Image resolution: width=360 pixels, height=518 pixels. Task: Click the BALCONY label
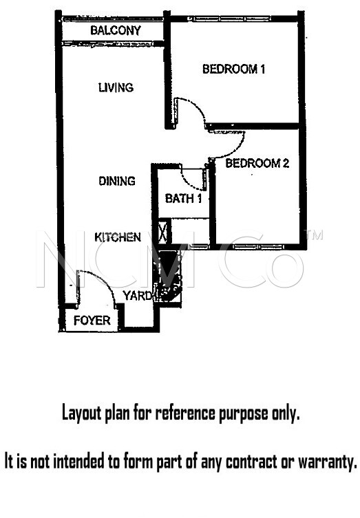pos(115,31)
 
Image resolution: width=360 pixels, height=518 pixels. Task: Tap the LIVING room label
pos(115,88)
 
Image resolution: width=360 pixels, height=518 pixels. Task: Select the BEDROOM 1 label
pos(234,69)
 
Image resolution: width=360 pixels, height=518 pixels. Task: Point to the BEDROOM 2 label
pos(257,164)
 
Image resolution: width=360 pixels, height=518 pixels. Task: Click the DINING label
pos(116,181)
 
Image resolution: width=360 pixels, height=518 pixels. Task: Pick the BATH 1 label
pos(183,199)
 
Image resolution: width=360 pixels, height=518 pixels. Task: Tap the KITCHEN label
pos(118,237)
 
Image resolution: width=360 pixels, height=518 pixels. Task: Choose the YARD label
pos(137,296)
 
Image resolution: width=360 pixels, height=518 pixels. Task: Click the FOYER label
pos(92,321)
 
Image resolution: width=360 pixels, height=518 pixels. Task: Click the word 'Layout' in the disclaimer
pos(81,413)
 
